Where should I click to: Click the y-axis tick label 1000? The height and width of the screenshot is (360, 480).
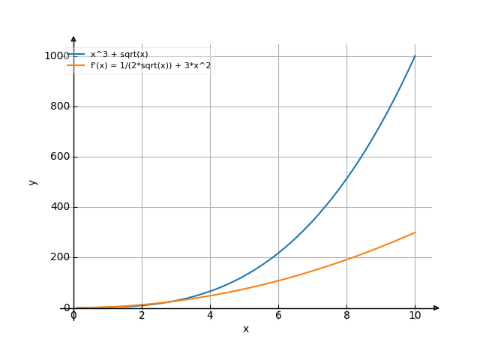point(56,56)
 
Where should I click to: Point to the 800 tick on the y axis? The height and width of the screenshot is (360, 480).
point(59,106)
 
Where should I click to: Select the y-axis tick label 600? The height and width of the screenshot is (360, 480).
point(59,157)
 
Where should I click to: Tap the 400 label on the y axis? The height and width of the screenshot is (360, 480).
point(59,207)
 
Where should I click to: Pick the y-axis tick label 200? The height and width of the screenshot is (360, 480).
point(59,257)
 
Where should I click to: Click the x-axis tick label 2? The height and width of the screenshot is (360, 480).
point(142,316)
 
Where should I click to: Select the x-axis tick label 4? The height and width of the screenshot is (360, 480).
point(210,316)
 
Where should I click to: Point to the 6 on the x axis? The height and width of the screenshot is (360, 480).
point(278,316)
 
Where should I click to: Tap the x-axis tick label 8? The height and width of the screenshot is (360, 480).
point(346,316)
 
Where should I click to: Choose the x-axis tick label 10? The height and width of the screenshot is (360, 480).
point(415,316)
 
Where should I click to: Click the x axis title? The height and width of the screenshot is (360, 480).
point(245,329)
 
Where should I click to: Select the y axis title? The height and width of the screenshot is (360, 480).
point(32,181)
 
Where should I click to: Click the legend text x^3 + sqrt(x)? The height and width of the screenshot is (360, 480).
point(119,54)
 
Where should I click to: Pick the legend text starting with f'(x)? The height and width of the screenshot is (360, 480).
point(151,66)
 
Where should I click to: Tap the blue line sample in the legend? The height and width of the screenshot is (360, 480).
point(76,54)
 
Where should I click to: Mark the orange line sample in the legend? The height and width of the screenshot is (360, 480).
point(76,66)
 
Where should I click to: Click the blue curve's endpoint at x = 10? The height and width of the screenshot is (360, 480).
point(415,56)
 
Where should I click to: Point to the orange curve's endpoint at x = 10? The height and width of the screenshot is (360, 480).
point(415,232)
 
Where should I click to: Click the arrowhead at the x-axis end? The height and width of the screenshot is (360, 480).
point(436,307)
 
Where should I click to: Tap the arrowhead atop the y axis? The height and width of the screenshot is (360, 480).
point(73,37)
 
